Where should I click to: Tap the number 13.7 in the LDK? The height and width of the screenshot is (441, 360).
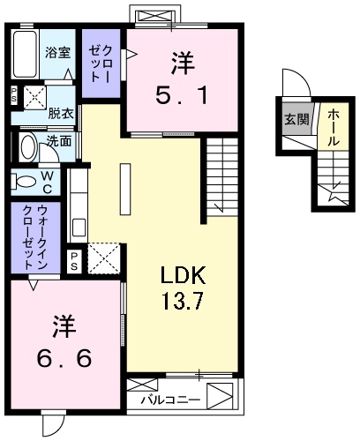183,302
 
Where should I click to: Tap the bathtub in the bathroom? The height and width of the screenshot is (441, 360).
26,56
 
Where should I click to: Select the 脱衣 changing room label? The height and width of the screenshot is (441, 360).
60,115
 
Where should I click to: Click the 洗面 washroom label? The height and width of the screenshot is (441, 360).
59,140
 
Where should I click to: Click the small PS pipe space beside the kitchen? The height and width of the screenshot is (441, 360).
76,260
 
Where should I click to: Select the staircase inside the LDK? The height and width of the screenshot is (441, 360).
222,176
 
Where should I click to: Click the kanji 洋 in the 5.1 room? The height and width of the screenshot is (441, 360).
182,64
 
